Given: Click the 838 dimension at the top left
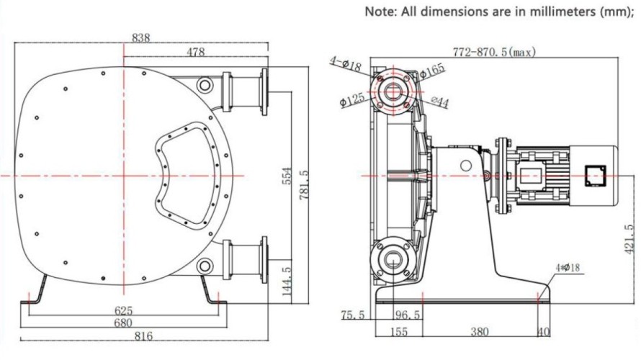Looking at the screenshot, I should (141, 37).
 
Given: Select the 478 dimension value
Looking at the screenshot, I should (195, 52).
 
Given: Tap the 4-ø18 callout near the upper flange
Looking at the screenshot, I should (346, 64).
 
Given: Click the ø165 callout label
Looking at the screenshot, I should (432, 70).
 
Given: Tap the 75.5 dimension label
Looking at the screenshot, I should (354, 315).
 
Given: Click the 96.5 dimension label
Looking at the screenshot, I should (407, 315).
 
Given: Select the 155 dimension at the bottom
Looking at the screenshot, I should (399, 332).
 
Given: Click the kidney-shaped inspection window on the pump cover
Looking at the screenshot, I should (187, 172).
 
